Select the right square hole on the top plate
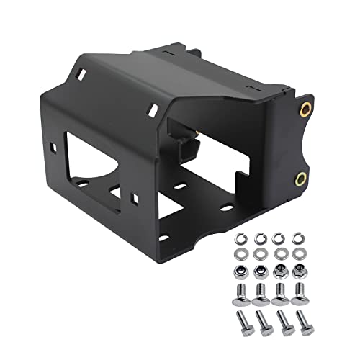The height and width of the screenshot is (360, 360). coord(153,109)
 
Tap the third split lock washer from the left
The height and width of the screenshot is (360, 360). coord(279,238)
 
